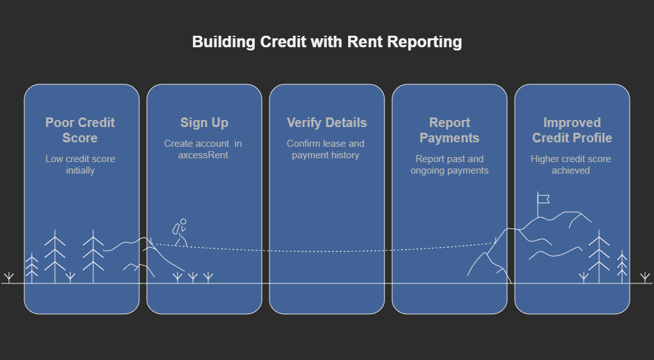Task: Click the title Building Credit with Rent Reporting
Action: pyautogui.click(x=327, y=42)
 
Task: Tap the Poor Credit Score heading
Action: pyautogui.click(x=80, y=130)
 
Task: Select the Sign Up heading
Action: pyautogui.click(x=204, y=123)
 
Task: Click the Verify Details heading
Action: pyautogui.click(x=326, y=123)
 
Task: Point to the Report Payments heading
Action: pyautogui.click(x=450, y=130)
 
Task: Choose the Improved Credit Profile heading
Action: pyautogui.click(x=572, y=130)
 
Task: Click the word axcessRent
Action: pyautogui.click(x=204, y=155)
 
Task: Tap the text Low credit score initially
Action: pyautogui.click(x=80, y=165)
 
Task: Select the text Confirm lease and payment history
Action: pyautogui.click(x=326, y=149)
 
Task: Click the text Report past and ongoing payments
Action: pyautogui.click(x=450, y=165)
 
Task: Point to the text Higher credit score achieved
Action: pyautogui.click(x=571, y=165)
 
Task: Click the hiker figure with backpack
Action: pyautogui.click(x=180, y=232)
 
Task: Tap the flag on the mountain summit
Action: pyautogui.click(x=544, y=199)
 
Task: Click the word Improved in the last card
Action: pyautogui.click(x=572, y=123)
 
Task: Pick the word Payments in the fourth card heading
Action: pyautogui.click(x=450, y=138)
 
